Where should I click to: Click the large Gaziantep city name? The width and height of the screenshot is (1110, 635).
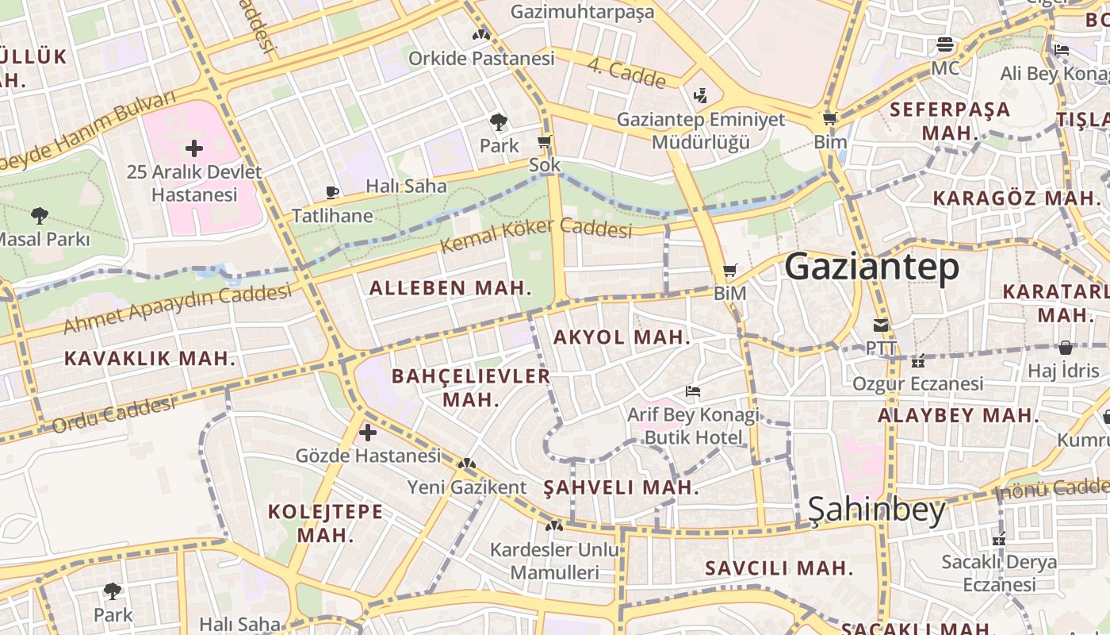(871, 267)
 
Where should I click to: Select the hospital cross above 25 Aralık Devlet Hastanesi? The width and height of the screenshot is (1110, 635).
(194, 148)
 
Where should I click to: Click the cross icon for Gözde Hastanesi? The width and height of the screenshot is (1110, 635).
(368, 433)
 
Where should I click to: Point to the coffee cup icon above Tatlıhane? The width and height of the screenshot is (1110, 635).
(332, 192)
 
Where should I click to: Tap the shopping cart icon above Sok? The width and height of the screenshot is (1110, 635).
(544, 142)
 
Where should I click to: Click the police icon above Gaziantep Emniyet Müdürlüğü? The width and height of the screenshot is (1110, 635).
(699, 96)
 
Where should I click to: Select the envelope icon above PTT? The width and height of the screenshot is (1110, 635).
(880, 325)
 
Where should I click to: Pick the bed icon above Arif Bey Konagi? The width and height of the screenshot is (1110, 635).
(693, 391)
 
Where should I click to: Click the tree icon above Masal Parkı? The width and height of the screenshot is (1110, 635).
(39, 215)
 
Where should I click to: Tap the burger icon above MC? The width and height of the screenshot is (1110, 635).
(944, 44)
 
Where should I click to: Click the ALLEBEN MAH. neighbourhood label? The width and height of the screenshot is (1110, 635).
(450, 288)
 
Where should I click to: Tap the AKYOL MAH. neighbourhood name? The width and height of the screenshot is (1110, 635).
(622, 337)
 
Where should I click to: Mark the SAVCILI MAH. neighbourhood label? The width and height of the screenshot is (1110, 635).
(779, 568)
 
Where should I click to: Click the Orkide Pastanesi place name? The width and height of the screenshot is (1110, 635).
(481, 59)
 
